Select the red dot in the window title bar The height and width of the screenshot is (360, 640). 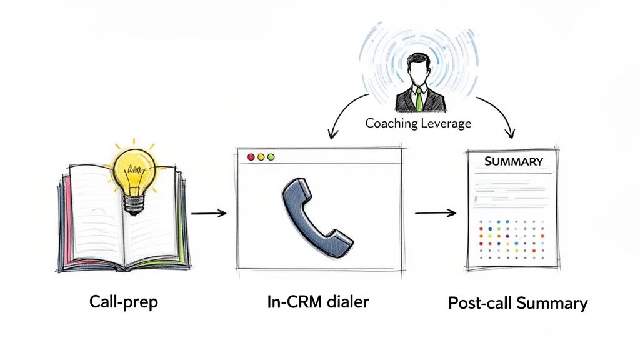(x=251, y=157)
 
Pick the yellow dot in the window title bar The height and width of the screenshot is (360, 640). (x=261, y=157)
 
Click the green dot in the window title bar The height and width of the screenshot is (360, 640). (x=271, y=157)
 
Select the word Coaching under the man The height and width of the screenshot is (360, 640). (x=389, y=122)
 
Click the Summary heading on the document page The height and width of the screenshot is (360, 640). (x=514, y=161)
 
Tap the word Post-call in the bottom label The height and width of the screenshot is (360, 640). (x=479, y=304)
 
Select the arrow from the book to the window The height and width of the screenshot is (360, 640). (x=209, y=214)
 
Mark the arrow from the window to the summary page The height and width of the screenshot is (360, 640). (x=436, y=213)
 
